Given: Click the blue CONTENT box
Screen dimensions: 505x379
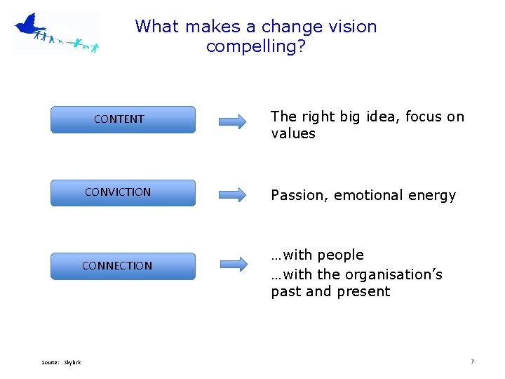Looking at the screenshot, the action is (x=123, y=119).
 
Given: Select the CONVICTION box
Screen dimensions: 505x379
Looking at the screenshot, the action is (x=123, y=192).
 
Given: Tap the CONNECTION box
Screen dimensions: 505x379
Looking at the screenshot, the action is (x=123, y=266).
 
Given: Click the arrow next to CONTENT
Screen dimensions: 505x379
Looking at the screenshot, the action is (x=233, y=121).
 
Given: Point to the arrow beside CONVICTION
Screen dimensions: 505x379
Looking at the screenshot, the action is (x=233, y=194).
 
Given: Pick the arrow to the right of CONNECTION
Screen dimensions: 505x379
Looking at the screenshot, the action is (x=233, y=264).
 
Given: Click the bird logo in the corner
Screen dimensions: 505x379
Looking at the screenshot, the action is (x=56, y=32).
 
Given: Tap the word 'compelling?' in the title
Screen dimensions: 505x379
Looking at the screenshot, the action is (x=256, y=47).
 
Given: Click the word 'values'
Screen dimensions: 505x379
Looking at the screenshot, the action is (x=293, y=133).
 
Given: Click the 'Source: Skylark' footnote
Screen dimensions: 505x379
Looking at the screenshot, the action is (x=61, y=362).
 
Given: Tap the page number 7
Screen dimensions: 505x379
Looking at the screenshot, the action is (x=472, y=361).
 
